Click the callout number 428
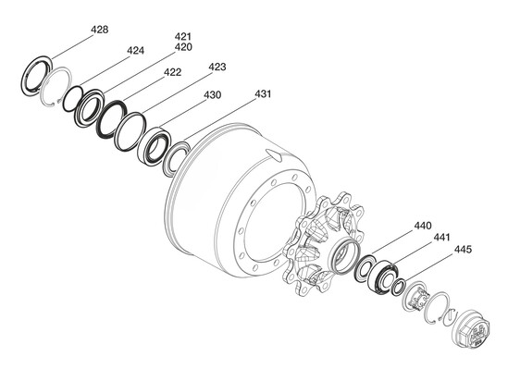99,30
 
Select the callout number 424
135,51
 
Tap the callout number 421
183,36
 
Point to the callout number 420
183,47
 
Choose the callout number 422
172,72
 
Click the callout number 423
217,67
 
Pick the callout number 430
213,95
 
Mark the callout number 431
263,94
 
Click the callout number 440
423,226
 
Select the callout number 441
442,238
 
